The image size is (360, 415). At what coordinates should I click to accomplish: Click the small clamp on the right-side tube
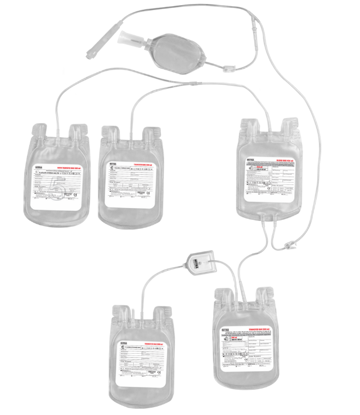coord(290,245)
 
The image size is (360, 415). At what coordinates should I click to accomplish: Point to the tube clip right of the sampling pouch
coord(227,70)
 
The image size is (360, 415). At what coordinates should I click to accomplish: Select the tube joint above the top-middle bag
coord(194,83)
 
